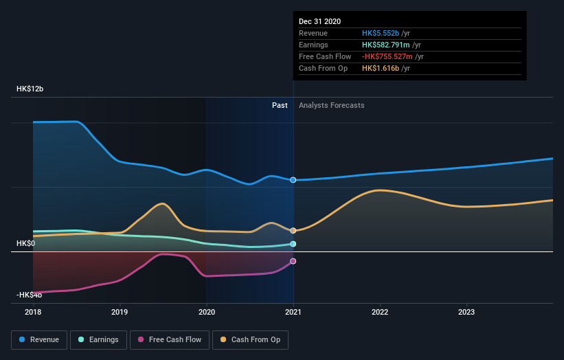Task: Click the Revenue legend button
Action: click(x=40, y=339)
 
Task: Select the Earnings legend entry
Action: click(x=98, y=339)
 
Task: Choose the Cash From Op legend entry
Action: click(x=251, y=339)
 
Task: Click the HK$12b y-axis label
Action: click(x=30, y=89)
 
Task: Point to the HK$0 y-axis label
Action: click(x=26, y=243)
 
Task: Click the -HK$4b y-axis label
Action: click(x=30, y=295)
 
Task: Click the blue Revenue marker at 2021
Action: click(x=293, y=180)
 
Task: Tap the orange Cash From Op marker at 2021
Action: click(x=293, y=231)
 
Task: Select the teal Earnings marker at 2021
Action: click(x=293, y=244)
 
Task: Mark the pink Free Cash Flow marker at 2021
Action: click(x=293, y=261)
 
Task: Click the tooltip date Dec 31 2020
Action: click(x=319, y=22)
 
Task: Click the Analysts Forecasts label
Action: click(x=331, y=105)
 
